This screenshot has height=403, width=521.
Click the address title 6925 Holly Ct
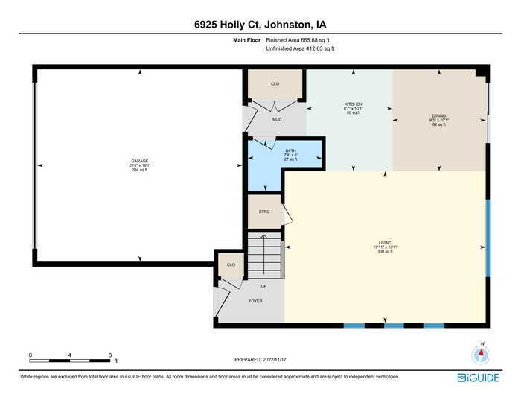260,24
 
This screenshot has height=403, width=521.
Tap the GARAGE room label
140,162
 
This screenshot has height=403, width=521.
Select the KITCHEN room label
353,104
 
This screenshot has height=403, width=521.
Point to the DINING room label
438,116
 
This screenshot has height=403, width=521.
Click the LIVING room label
384,243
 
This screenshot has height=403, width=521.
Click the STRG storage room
264,212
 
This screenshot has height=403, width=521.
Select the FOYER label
255,301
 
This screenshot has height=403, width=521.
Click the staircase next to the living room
265,256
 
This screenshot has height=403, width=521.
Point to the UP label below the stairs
263,286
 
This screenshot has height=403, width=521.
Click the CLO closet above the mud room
275,84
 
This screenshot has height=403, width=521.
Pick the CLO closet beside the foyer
231,264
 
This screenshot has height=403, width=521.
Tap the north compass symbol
482,355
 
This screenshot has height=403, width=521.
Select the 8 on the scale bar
109,355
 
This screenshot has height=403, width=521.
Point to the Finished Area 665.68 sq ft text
300,41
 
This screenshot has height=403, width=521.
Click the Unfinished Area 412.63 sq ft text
300,49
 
